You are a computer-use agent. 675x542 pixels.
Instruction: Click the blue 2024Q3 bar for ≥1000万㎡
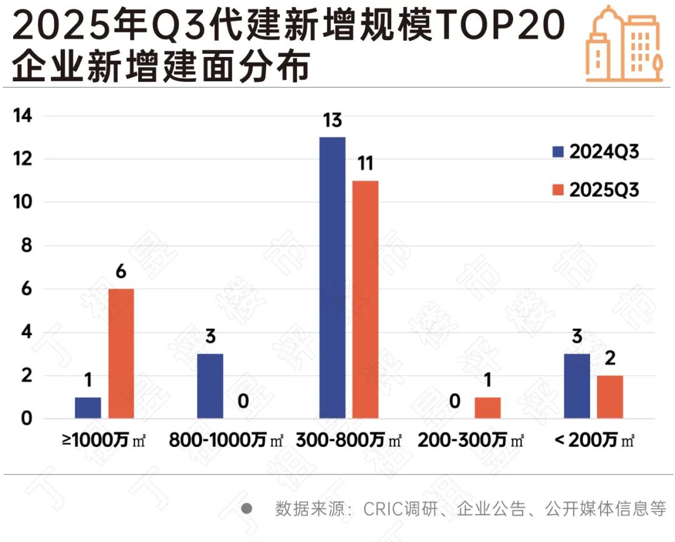[87, 408]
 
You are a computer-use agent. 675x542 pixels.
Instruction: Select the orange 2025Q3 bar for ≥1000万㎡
[121, 353]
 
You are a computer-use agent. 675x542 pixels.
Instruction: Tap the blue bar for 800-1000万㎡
[210, 386]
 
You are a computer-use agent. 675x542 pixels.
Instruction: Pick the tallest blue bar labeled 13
[332, 278]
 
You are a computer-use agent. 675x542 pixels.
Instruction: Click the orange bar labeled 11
[365, 299]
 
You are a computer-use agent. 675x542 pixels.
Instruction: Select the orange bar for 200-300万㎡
[487, 408]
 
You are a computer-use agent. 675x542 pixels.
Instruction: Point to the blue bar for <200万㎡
[577, 386]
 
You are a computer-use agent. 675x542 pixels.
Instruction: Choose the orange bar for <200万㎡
[610, 397]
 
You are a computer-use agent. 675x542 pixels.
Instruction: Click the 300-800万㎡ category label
[349, 440]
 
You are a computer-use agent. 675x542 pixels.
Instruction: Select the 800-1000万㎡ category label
[226, 440]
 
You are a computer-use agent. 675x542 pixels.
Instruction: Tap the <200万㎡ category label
[594, 440]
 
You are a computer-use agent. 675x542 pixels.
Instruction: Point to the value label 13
[332, 119]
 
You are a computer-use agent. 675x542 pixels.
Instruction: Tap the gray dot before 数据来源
[247, 508]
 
